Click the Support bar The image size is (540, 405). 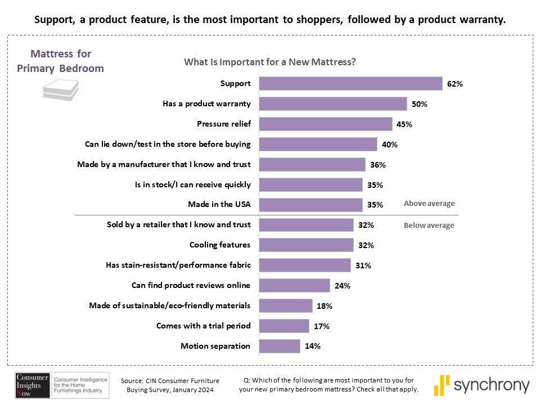(x=350, y=83)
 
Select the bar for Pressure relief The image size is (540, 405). (x=326, y=124)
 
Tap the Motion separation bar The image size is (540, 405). (x=280, y=346)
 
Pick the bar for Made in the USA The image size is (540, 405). (x=311, y=204)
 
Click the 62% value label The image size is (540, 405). (x=454, y=84)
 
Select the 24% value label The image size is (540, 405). (x=342, y=286)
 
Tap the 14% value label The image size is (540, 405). (x=312, y=346)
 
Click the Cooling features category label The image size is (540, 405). (x=220, y=245)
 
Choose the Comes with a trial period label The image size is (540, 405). (x=205, y=326)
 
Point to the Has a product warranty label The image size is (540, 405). (x=206, y=104)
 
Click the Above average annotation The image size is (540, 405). (x=429, y=204)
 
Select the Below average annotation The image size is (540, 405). (x=429, y=226)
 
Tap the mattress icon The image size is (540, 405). (x=60, y=89)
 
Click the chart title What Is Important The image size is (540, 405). (x=270, y=62)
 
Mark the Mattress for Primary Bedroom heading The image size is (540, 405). (x=60, y=61)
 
